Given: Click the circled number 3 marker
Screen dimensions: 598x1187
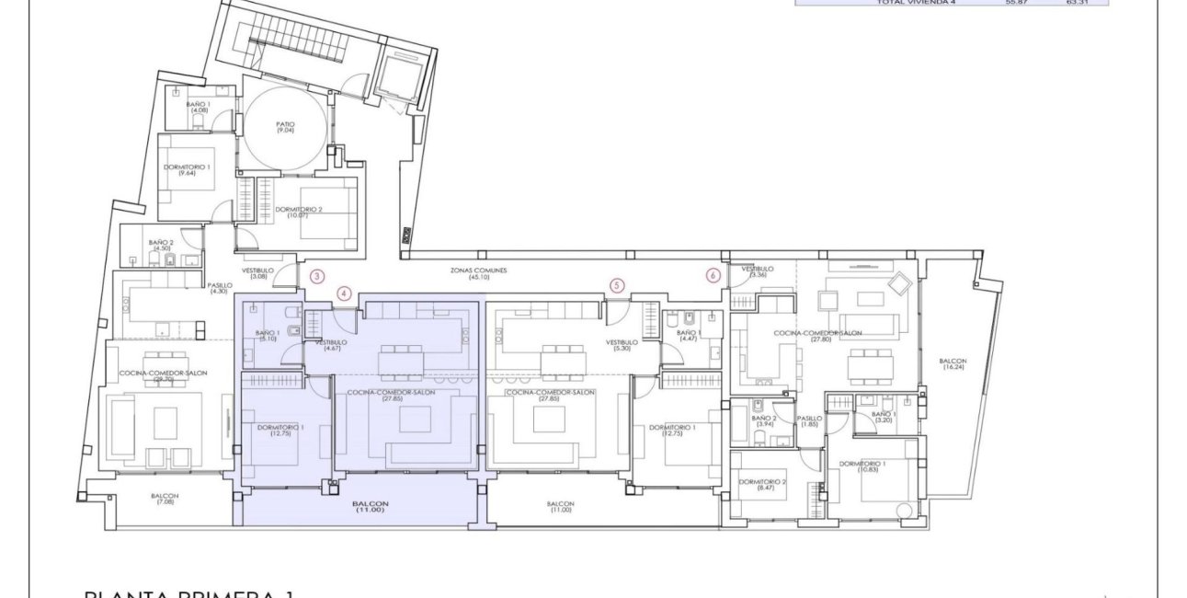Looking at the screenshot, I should (317, 275).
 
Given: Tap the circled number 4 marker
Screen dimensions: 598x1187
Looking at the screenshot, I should (344, 293).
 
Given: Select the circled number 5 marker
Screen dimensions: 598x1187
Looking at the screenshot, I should (616, 286).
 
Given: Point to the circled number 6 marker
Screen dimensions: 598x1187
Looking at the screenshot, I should (713, 274).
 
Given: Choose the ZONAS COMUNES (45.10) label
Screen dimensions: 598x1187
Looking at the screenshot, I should (478, 273).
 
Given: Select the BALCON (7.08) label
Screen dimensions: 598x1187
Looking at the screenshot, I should (165, 500).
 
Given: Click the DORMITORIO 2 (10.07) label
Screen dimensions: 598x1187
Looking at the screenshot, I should (299, 213).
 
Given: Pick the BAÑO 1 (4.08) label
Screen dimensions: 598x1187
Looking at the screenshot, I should (199, 108).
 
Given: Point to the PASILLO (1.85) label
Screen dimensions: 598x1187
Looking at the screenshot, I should (809, 420).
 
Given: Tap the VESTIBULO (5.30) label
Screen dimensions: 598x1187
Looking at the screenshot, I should (622, 345).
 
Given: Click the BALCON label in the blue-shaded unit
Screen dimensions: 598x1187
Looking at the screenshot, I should (370, 506).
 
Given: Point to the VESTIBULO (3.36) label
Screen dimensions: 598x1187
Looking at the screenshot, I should (759, 271).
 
